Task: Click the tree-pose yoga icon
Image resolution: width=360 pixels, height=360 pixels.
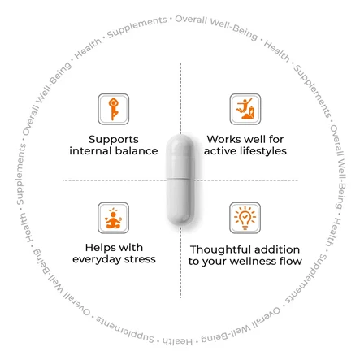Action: (x=114, y=109)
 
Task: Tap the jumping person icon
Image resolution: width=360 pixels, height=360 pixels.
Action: (x=245, y=109)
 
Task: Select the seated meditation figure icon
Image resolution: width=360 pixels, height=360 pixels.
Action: (x=113, y=218)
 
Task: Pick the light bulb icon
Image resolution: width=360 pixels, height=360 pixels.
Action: (x=245, y=218)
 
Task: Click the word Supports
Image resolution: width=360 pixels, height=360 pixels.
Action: (x=114, y=140)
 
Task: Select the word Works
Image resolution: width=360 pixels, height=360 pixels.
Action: (x=223, y=139)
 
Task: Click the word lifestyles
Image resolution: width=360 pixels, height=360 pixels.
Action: (x=263, y=151)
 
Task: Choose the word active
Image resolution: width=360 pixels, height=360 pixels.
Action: (x=220, y=151)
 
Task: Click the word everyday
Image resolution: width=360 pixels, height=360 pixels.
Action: (x=97, y=259)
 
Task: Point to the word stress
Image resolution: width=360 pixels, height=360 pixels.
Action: (x=140, y=259)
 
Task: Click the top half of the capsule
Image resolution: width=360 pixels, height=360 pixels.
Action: (x=180, y=156)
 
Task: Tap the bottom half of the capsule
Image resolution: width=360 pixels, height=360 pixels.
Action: (x=180, y=202)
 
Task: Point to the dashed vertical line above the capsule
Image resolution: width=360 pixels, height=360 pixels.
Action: (x=180, y=98)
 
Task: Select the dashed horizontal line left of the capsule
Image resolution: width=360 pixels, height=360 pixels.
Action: (x=115, y=180)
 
